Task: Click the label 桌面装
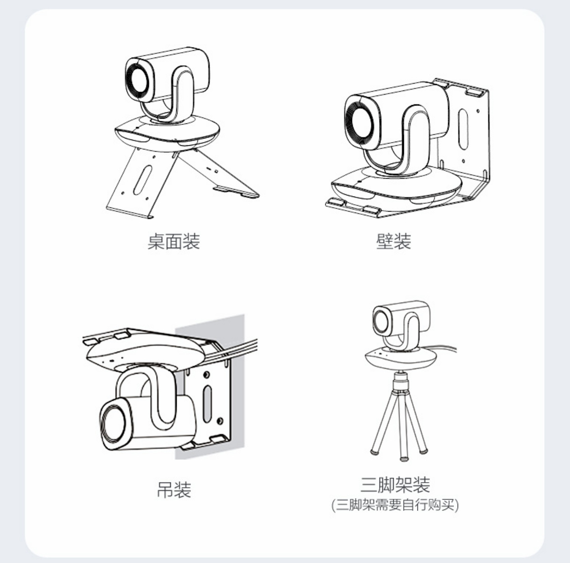(x=174, y=241)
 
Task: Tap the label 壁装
(x=393, y=241)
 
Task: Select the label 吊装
(x=174, y=490)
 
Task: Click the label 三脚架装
(x=395, y=484)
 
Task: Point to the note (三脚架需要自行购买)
(x=395, y=505)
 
